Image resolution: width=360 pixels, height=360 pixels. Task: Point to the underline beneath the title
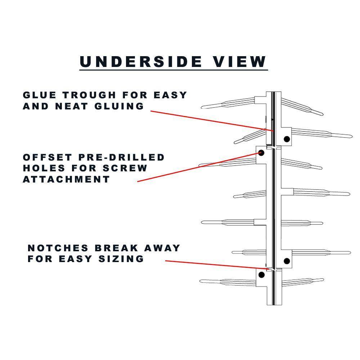(x=174, y=69)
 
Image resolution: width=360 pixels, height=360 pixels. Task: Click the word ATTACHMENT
(x=66, y=179)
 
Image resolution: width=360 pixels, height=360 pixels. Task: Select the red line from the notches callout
(x=216, y=265)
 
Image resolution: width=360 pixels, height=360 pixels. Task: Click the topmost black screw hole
(x=287, y=139)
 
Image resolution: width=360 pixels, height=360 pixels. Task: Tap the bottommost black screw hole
(x=262, y=275)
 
